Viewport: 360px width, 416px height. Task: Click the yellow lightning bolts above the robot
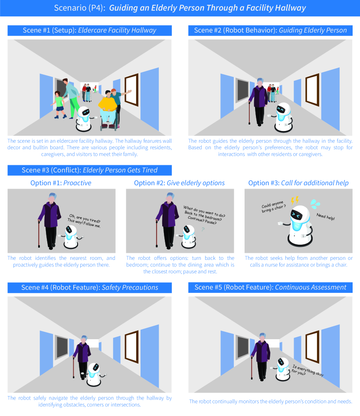[295, 200]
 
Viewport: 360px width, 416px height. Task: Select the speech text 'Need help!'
[325, 217]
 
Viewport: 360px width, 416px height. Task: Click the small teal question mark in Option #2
[203, 229]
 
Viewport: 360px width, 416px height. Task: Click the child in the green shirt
[59, 105]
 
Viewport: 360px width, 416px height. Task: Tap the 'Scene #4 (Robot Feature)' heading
[89, 288]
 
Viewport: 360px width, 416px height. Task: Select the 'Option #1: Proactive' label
[61, 183]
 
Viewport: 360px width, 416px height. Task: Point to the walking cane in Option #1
[39, 234]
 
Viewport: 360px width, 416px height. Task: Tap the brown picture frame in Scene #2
[312, 90]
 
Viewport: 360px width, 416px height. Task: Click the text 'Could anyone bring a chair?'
[274, 206]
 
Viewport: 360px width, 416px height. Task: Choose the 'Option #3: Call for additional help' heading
[298, 183]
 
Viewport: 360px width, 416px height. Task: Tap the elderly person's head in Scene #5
[262, 337]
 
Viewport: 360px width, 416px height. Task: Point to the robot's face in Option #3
[296, 214]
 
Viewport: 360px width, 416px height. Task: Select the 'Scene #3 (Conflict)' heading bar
[89, 170]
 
